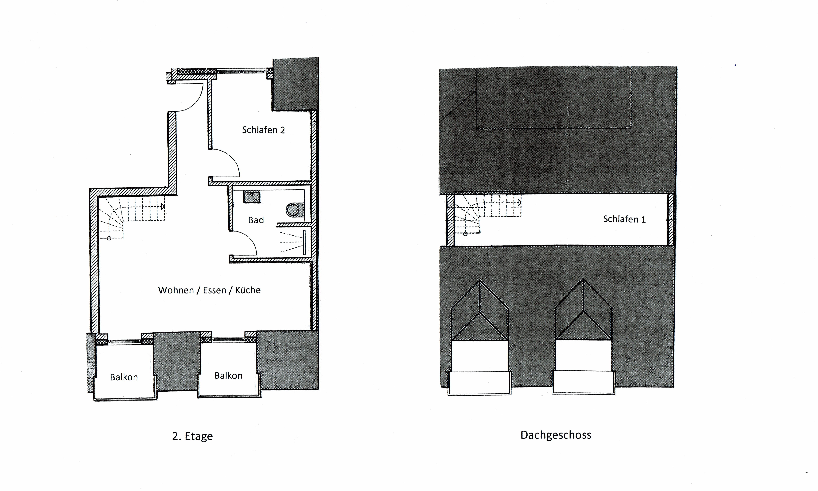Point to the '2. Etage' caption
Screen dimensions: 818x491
coord(192,436)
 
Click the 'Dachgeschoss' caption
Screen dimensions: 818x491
coord(556,435)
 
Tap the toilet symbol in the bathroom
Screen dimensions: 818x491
coord(295,209)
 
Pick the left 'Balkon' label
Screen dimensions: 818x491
coord(124,377)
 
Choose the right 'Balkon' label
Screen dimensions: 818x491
coord(228,376)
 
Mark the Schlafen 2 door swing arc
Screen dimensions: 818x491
coord(232,159)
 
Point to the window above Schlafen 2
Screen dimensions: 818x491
coord(242,71)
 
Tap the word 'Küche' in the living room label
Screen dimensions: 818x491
coord(248,290)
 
